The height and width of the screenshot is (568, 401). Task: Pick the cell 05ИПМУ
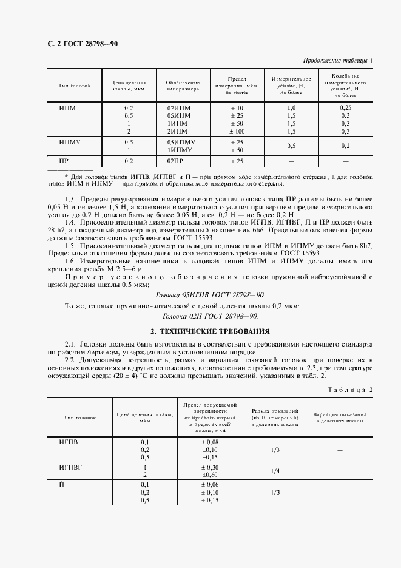tap(179, 141)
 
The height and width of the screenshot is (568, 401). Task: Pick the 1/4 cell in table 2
tap(274, 471)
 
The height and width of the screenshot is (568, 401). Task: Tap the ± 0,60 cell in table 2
tap(211, 475)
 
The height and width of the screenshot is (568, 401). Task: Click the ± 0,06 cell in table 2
tap(211, 484)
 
